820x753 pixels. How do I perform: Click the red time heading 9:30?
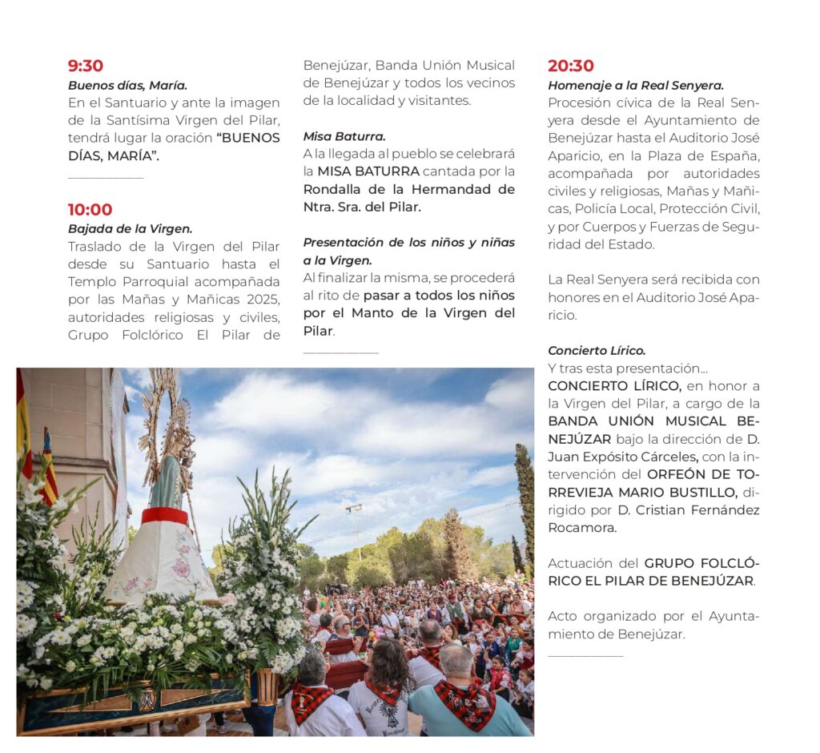pyautogui.click(x=86, y=66)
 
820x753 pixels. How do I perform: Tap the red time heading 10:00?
pyautogui.click(x=90, y=210)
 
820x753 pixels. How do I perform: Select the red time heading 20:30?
pyautogui.click(x=571, y=66)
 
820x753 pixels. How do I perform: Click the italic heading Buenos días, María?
pyautogui.click(x=127, y=85)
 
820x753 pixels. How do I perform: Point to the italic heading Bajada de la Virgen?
pyautogui.click(x=130, y=228)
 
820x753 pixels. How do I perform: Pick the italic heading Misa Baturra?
pyautogui.click(x=344, y=136)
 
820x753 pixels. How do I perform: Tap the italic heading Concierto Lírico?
pyautogui.click(x=597, y=350)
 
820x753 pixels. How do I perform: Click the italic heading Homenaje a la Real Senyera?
pyautogui.click(x=636, y=85)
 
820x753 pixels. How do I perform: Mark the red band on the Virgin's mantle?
pyautogui.click(x=165, y=516)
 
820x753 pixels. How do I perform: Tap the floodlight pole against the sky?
pyautogui.click(x=355, y=529)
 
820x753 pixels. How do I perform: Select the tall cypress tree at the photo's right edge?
pyautogui.click(x=525, y=497)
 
